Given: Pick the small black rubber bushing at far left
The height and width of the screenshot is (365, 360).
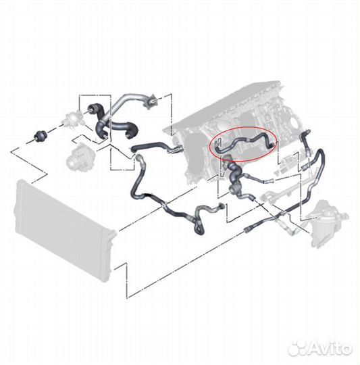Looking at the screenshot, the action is coord(40,136).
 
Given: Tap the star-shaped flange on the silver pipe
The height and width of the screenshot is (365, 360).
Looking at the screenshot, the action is coord(150,101).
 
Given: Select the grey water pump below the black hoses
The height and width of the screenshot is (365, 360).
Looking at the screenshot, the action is coord(80,157).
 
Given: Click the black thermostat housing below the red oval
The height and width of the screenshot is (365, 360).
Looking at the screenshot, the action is coord(233,177).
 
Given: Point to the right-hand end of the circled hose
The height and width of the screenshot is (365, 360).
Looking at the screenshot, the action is coord(273,146).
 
